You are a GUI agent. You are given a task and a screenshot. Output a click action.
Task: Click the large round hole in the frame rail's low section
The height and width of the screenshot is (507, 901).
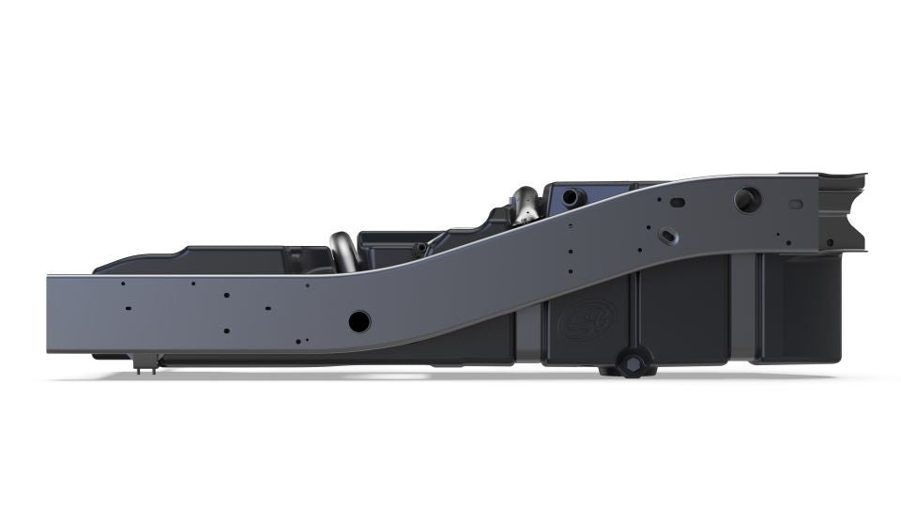click(359, 321)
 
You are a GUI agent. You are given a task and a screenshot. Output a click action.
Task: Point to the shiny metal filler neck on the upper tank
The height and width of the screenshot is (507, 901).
click(524, 205)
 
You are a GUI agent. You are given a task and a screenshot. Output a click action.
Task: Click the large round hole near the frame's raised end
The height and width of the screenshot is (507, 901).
click(748, 199)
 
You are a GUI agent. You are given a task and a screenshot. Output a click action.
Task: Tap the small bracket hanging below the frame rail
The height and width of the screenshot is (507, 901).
click(146, 363)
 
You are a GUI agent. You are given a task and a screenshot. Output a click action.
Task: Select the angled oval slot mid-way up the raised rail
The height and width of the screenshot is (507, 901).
click(668, 234)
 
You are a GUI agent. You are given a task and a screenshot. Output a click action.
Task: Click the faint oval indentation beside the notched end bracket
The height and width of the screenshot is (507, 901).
click(796, 204)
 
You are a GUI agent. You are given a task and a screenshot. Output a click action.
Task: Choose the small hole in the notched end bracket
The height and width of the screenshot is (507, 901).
click(830, 242)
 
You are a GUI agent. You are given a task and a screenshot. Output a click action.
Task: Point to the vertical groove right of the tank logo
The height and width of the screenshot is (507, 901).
click(638, 315)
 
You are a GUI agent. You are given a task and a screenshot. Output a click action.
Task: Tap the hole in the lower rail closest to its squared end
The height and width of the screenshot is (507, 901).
click(123, 284)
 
